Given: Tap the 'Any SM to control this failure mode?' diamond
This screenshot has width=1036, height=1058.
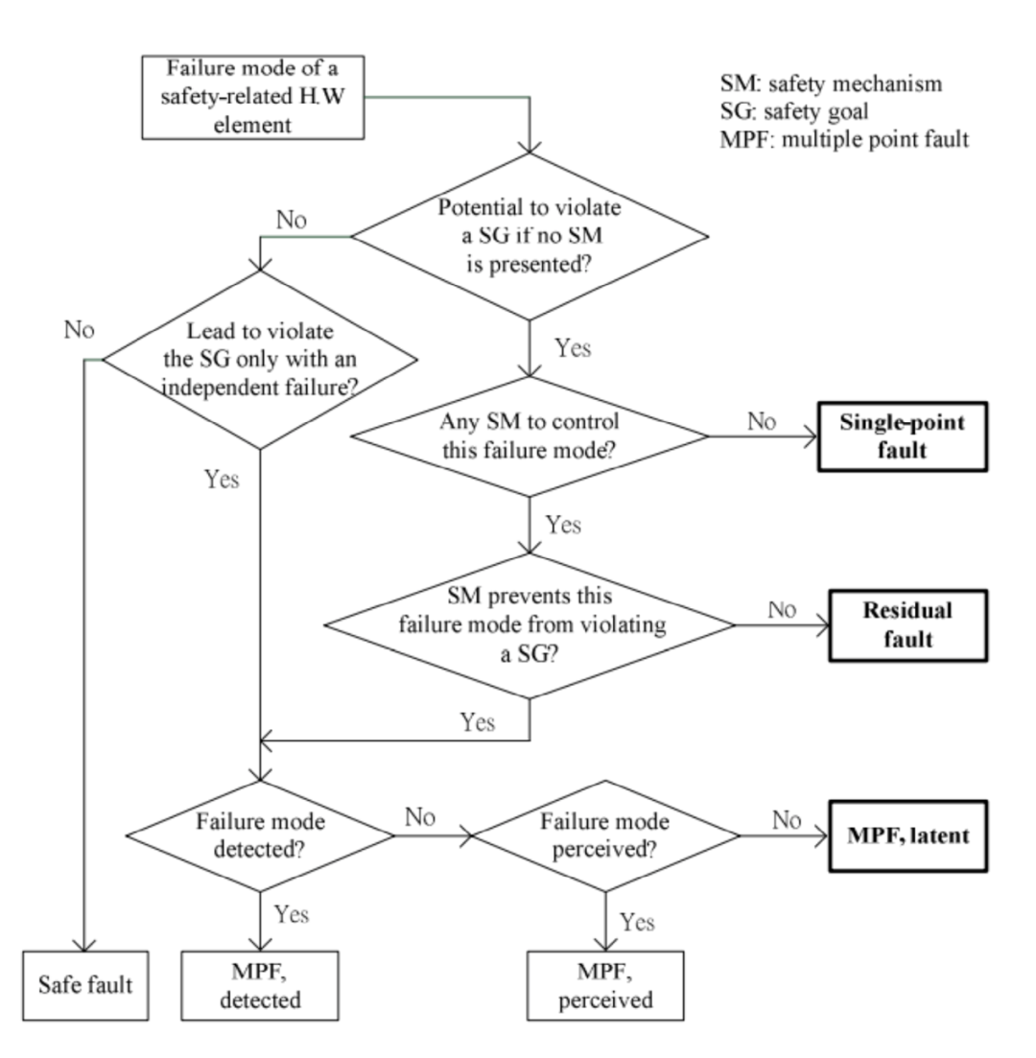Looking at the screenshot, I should coord(530,435).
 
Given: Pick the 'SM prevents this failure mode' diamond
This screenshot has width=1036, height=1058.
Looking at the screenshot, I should coord(530,626).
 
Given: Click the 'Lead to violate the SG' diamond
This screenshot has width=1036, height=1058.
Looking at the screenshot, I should coord(260,360).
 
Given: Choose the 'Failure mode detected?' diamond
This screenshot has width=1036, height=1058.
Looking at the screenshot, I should coord(260,835).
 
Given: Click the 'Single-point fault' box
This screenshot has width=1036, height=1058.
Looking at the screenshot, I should coord(902,435).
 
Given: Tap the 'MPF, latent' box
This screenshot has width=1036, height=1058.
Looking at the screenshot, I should coord(907,835).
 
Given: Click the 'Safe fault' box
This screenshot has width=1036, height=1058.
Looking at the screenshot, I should coord(85,984).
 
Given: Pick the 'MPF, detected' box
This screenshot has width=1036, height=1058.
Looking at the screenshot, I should coord(260,985).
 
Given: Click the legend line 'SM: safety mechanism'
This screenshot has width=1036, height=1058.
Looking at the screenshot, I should coord(830,83).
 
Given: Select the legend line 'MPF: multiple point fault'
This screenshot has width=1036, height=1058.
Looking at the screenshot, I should coord(843,139).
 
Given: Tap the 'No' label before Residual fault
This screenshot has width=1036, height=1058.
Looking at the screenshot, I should coord(783,611).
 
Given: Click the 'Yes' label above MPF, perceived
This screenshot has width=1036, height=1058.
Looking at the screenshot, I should coord(637,922).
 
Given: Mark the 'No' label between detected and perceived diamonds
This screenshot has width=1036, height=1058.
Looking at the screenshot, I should coord(420,818).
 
